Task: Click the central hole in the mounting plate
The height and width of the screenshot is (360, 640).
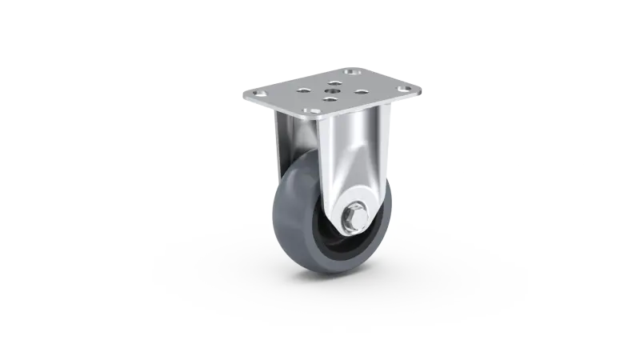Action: tap(331, 90)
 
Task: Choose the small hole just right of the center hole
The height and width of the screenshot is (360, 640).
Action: tap(361, 90)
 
